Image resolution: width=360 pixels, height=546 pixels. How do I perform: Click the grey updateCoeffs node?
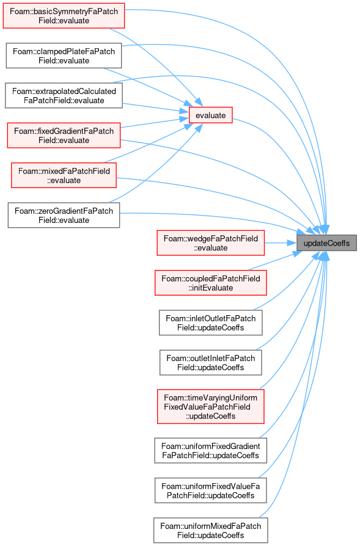click(326, 243)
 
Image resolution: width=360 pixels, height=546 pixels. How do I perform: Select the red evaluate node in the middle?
click(210, 115)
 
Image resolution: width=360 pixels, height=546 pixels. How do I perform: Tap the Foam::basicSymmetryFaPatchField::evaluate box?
click(64, 16)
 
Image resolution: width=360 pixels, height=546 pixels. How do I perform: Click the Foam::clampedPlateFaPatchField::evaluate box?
click(64, 56)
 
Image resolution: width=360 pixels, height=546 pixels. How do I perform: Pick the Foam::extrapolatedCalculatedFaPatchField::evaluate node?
click(64, 96)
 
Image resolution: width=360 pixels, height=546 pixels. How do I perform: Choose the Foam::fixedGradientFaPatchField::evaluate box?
click(64, 136)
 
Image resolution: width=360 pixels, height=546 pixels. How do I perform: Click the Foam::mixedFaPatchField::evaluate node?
click(64, 175)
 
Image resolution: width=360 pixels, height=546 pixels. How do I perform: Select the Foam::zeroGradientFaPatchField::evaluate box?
click(64, 215)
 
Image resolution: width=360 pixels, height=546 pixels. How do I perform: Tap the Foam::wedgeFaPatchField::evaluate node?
click(210, 243)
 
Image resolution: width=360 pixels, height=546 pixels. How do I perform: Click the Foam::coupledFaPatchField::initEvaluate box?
click(210, 283)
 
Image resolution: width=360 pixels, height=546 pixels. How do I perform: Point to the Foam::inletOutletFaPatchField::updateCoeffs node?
click(210, 323)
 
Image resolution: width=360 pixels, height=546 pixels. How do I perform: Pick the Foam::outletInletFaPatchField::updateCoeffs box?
click(210, 363)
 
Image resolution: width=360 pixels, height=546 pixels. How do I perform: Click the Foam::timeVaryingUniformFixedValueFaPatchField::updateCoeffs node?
click(210, 407)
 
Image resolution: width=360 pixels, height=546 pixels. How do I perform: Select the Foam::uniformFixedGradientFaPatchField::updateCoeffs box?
click(210, 451)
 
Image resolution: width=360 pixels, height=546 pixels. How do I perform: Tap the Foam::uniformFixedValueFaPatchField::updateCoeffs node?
click(210, 490)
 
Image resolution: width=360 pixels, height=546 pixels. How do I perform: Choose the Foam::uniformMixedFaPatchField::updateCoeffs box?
click(210, 530)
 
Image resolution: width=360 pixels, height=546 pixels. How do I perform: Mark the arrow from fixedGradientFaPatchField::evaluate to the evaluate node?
click(155, 123)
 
